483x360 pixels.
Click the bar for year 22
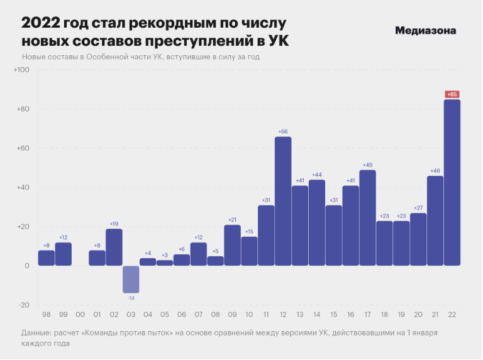(x=452, y=182)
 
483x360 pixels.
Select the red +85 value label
(x=452, y=94)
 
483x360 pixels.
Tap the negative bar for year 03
(x=131, y=280)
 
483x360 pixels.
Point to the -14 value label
(x=131, y=298)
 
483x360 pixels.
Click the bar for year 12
(x=283, y=201)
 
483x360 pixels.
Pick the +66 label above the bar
(x=283, y=131)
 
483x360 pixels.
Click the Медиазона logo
(x=426, y=30)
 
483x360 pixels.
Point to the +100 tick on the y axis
(x=22, y=70)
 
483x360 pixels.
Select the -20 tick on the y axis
(x=24, y=305)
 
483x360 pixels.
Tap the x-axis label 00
(x=80, y=314)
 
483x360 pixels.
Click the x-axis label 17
(x=368, y=314)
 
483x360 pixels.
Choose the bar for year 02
(x=114, y=247)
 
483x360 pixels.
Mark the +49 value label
(x=368, y=165)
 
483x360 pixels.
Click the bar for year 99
(x=63, y=254)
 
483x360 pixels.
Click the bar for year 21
(x=435, y=221)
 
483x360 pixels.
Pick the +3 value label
(x=165, y=255)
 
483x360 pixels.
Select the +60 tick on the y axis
(x=23, y=148)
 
